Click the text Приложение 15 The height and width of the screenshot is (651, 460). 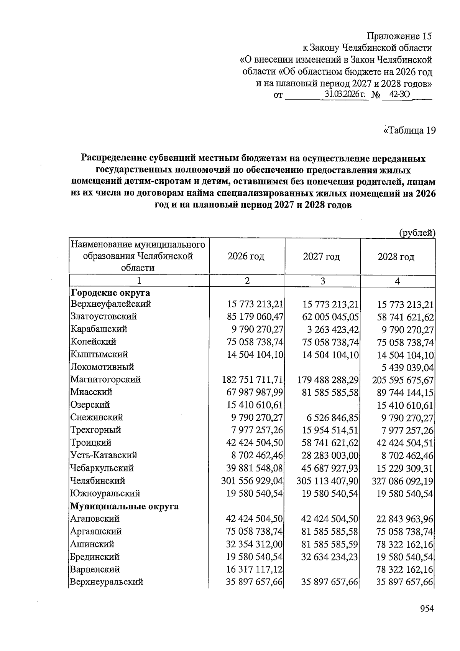399,36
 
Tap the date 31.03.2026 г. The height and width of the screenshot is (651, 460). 345,94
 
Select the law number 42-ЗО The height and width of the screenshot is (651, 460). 397,94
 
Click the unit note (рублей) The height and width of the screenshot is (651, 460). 417,233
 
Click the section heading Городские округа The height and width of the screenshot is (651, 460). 110,293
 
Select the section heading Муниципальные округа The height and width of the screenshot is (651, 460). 124,506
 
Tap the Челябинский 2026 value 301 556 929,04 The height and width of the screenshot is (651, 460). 252,481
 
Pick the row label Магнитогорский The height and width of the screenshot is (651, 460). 105,380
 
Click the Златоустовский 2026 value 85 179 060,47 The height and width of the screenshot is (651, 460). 255,317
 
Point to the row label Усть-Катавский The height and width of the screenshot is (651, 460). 103,455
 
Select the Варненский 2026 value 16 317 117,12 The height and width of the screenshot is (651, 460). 255,570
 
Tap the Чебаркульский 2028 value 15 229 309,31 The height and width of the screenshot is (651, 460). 405,468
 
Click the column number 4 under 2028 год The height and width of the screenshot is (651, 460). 398,281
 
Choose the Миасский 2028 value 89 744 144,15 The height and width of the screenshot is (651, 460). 405,392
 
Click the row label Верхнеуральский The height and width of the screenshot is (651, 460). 107,582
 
